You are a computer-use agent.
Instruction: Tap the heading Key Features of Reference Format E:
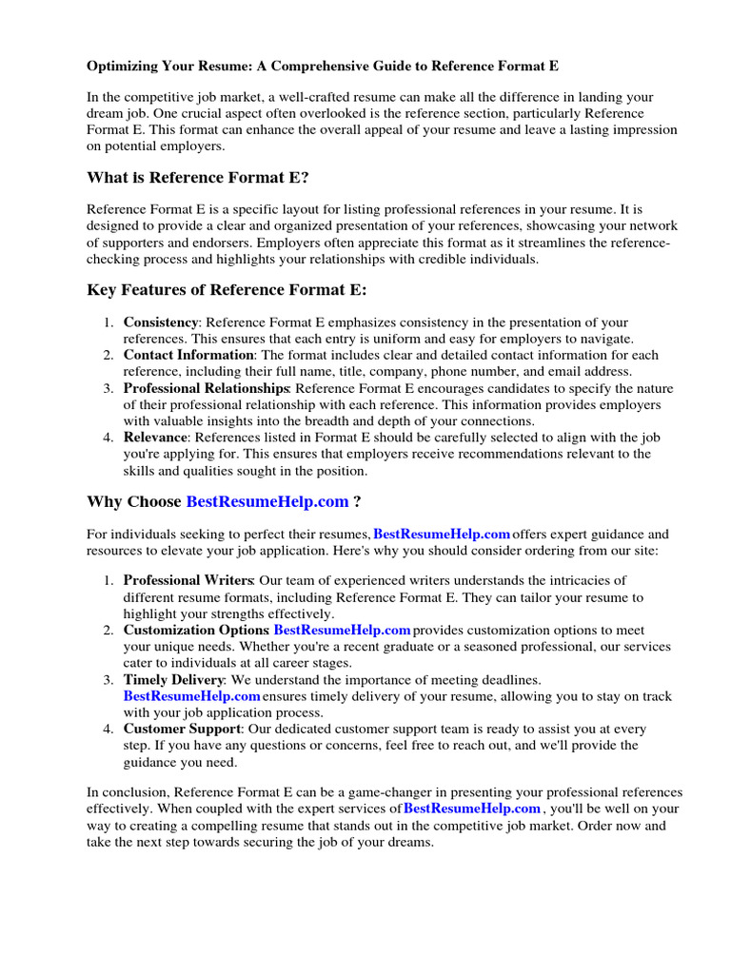point(227,289)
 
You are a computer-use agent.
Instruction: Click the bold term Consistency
point(161,322)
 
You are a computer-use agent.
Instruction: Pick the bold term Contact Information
point(187,355)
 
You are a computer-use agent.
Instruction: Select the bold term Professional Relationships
point(206,388)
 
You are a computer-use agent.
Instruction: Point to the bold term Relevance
point(155,438)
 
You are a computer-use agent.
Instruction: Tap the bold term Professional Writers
point(188,580)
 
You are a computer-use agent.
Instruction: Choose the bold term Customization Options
point(197,630)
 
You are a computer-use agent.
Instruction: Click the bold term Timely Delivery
point(173,679)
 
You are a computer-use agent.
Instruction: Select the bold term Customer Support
point(181,729)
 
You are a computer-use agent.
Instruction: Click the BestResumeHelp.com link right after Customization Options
point(342,630)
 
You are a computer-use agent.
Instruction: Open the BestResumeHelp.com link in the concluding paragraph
point(472,808)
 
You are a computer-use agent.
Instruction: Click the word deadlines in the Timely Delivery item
point(510,679)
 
